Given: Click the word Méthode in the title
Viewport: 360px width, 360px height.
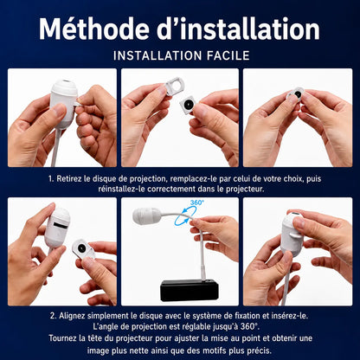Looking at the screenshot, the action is (x=94, y=29).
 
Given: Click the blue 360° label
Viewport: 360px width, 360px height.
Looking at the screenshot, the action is (x=196, y=202).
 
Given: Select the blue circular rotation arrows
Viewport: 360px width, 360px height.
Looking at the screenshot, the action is (x=185, y=218).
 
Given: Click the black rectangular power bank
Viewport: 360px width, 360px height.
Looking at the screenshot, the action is (x=190, y=290).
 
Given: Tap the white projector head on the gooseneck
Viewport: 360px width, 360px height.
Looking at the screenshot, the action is (x=147, y=215).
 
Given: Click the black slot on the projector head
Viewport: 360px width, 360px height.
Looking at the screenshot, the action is (x=61, y=225).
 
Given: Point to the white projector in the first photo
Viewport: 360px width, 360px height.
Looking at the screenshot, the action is (x=64, y=103).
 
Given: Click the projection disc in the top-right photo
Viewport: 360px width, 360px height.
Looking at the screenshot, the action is (x=295, y=94).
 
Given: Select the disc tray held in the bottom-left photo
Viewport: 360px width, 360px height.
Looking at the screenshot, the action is (x=83, y=249).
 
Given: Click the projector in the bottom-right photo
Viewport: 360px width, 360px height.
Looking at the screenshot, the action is (x=292, y=234).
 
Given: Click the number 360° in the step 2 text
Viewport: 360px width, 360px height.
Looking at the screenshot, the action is (x=248, y=327).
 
